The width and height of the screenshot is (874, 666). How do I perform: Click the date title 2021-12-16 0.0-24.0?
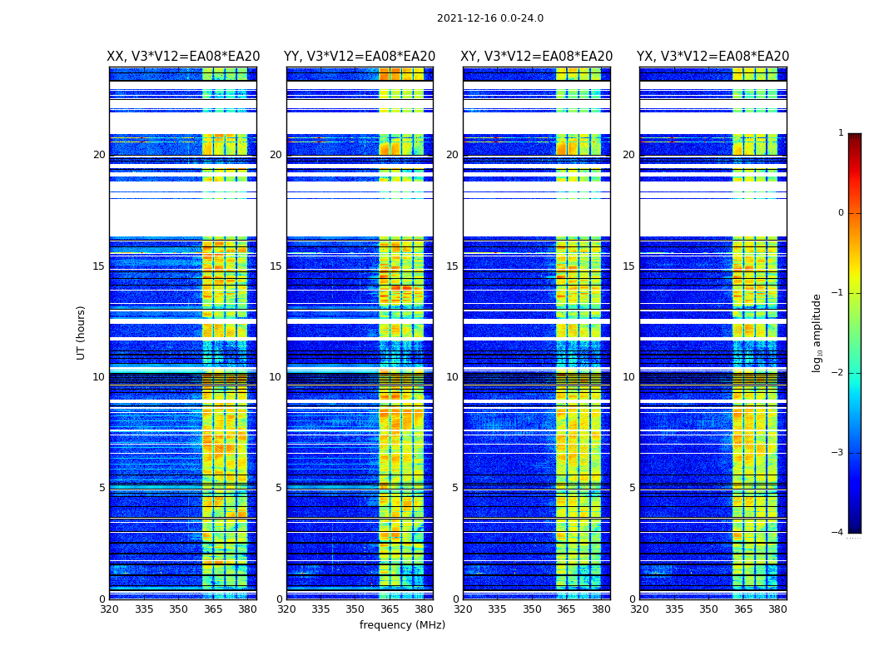click(489, 18)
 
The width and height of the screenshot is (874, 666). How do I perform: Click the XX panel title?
click(183, 57)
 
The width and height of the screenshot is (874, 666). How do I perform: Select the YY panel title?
click(360, 57)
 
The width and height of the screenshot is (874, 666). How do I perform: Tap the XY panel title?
click(537, 57)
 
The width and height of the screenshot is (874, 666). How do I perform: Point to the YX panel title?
click(713, 57)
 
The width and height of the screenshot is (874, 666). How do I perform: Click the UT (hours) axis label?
click(82, 332)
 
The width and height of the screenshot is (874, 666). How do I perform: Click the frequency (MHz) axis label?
click(402, 625)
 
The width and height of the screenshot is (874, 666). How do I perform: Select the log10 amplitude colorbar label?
click(817, 332)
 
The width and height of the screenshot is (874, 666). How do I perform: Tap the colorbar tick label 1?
click(841, 133)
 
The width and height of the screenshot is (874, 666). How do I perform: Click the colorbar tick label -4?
click(838, 533)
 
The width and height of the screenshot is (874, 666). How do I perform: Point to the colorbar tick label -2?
click(838, 373)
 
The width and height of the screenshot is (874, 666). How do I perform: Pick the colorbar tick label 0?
click(841, 213)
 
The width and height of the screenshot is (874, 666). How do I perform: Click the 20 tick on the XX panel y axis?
click(99, 155)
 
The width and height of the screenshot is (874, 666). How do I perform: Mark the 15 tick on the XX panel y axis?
click(99, 266)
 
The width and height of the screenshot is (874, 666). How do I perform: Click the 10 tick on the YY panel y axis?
click(276, 377)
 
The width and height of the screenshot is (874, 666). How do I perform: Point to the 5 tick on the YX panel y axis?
click(633, 488)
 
